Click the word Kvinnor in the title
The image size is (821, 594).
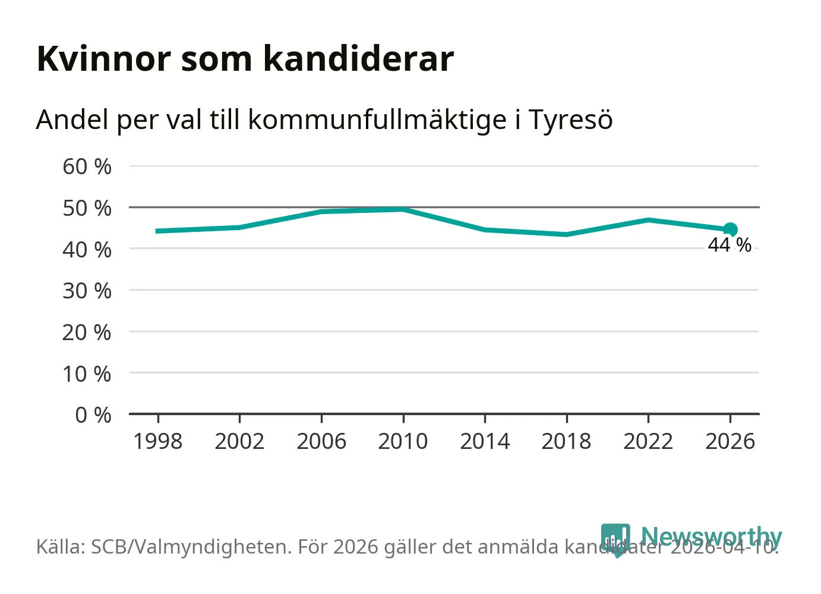click(103, 59)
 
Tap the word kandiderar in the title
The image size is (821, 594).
click(358, 59)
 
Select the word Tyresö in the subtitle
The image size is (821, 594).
click(570, 120)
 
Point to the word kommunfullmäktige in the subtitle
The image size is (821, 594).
click(377, 120)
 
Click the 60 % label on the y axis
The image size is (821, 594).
click(87, 167)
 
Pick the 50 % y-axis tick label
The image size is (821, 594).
click(87, 208)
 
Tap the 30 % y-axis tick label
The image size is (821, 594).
click(87, 291)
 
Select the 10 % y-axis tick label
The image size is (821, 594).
click(87, 374)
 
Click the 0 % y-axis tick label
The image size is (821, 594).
click(93, 415)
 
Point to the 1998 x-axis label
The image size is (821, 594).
click(157, 442)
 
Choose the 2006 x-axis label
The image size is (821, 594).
click(321, 442)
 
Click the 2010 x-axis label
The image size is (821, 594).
click(403, 442)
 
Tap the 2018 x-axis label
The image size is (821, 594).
click(566, 442)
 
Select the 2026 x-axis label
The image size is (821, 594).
click(730, 442)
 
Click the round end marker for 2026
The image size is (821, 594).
click(731, 230)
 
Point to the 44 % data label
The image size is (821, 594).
click(730, 245)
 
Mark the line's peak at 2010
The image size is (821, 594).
click(403, 209)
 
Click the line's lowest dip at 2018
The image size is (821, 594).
click(567, 234)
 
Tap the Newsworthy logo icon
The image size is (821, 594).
click(615, 539)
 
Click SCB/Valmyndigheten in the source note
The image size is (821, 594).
click(191, 547)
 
